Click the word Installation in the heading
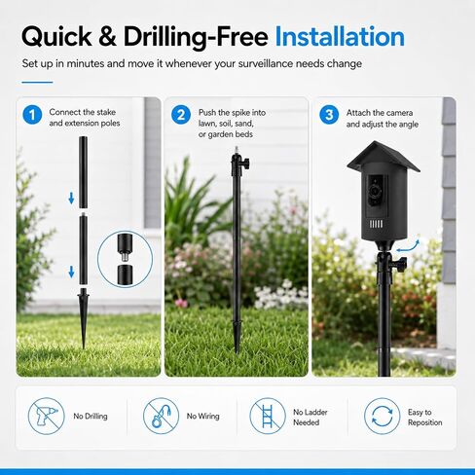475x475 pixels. [340, 37]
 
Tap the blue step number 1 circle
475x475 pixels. [32, 115]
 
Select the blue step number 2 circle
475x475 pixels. [181, 115]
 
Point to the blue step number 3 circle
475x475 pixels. [329, 115]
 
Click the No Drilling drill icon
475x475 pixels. [46, 416]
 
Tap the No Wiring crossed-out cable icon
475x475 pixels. [161, 416]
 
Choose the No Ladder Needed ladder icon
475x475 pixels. [268, 416]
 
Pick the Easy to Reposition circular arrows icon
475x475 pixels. [382, 416]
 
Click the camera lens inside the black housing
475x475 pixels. [375, 191]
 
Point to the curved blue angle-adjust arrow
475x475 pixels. [408, 246]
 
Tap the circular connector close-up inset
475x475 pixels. [125, 260]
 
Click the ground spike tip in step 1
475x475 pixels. [84, 347]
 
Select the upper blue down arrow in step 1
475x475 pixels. [71, 198]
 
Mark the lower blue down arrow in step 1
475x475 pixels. [71, 272]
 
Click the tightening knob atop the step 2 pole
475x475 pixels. [245, 162]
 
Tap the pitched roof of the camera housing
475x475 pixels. [384, 157]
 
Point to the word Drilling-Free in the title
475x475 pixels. [196, 37]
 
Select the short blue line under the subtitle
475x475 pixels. [37, 83]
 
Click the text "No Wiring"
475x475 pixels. [202, 416]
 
